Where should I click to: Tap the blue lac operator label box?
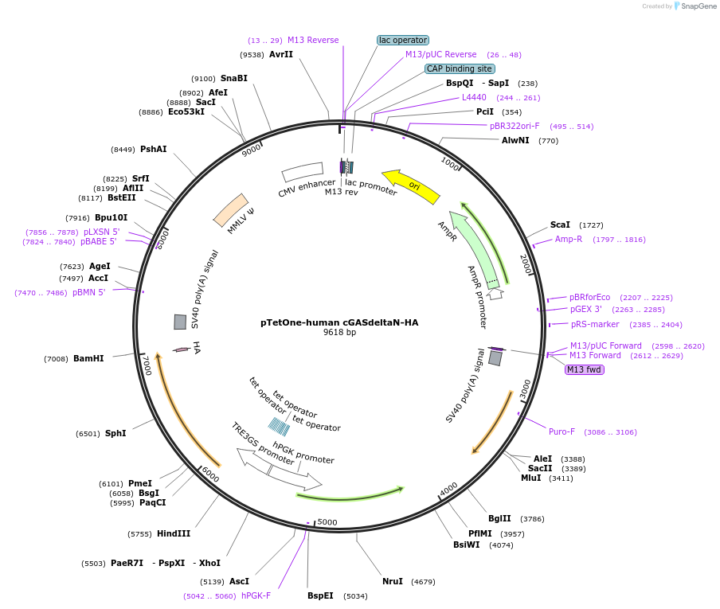(x=403, y=40)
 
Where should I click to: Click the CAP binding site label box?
(x=460, y=68)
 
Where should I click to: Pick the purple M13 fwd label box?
(x=585, y=369)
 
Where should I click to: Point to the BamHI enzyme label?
(x=88, y=359)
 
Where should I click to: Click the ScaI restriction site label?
(x=560, y=225)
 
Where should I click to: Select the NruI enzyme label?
(x=393, y=582)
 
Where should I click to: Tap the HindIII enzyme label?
(x=174, y=534)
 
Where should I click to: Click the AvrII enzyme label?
(x=281, y=55)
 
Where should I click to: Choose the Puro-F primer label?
(x=562, y=432)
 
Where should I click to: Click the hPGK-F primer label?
(x=256, y=595)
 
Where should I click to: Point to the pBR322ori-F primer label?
(x=515, y=126)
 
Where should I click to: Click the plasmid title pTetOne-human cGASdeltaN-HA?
(x=339, y=322)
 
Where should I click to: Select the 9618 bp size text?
(x=339, y=333)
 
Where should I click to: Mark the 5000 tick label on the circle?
(x=327, y=523)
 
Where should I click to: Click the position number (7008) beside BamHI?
(x=56, y=359)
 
